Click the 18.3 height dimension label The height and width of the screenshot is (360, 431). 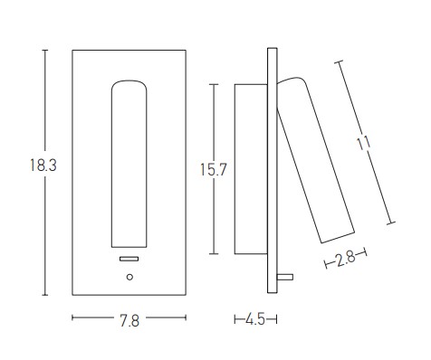click(43, 166)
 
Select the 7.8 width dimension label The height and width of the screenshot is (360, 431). click(129, 320)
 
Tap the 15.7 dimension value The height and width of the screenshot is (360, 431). click(214, 169)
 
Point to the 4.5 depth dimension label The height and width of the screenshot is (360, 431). click(255, 319)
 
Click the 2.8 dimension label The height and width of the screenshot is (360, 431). click(346, 259)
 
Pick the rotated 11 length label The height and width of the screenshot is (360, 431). click(363, 143)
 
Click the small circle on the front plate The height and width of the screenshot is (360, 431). click(129, 277)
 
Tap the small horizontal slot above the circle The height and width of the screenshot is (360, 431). click(129, 259)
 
